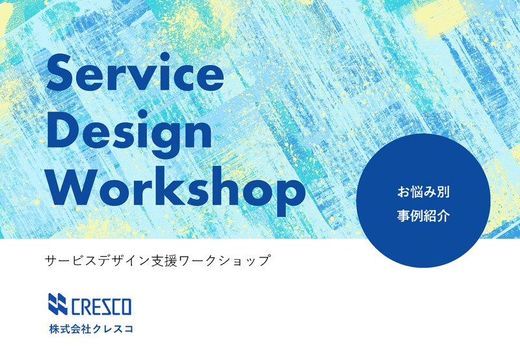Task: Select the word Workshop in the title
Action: pos(177,190)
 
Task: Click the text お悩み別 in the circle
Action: pos(423,192)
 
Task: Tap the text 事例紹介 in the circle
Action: pos(423,216)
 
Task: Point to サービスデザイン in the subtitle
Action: pos(97,261)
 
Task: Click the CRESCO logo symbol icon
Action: pos(58,304)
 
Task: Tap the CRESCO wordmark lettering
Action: pos(101,306)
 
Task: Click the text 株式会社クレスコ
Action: pos(91,329)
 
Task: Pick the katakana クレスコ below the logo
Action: pos(112,329)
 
